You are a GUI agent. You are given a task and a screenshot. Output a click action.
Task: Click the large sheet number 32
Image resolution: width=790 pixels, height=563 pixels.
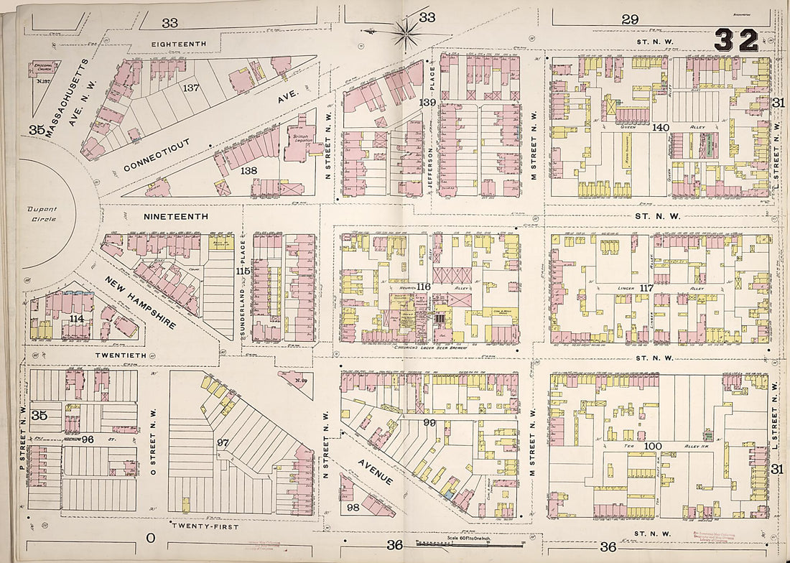click(736, 40)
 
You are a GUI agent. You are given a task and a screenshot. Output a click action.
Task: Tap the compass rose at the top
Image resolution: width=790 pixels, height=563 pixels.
click(406, 32)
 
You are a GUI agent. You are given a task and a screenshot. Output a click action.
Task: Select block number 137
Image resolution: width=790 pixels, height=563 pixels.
click(191, 88)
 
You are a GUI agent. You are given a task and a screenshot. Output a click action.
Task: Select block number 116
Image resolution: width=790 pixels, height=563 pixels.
click(423, 287)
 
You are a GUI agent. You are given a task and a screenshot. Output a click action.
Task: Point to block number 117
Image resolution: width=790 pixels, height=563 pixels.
click(646, 288)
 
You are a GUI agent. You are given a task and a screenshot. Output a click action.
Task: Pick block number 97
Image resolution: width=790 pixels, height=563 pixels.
click(223, 442)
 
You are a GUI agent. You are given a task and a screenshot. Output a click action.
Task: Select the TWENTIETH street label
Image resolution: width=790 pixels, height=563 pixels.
click(121, 355)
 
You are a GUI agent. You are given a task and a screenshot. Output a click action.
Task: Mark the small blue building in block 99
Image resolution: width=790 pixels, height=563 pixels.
click(448, 495)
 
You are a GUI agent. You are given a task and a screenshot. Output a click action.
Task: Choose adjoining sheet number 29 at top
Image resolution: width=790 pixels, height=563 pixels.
click(630, 19)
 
